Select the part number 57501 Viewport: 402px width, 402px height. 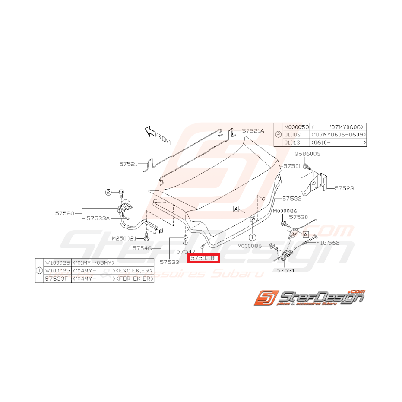coord(293,166)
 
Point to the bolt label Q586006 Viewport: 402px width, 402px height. coord(308,154)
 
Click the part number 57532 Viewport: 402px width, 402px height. coord(292,199)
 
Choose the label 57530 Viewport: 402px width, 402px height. coord(298,217)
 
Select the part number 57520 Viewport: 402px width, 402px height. coord(65,213)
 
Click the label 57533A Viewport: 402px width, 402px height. coord(98,218)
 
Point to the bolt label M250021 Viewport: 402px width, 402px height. coord(124,238)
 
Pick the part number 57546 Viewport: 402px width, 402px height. coord(143,248)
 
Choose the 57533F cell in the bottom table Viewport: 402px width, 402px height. coord(57,279)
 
